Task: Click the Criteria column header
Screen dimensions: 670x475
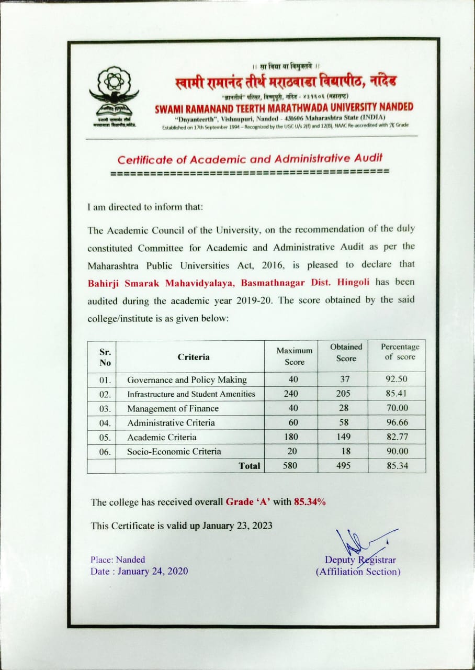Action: point(193,357)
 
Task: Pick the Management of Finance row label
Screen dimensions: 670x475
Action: point(173,408)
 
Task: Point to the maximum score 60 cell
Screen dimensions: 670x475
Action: point(292,422)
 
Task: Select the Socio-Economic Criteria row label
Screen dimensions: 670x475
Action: point(174,451)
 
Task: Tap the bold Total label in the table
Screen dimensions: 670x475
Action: point(249,465)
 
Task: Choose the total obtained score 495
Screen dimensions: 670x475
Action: point(343,465)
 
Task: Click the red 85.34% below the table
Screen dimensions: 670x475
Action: point(310,502)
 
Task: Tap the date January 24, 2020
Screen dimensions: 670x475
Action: point(153,571)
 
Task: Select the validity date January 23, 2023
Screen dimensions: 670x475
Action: point(236,526)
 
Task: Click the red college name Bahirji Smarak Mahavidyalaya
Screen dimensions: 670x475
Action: point(162,282)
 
